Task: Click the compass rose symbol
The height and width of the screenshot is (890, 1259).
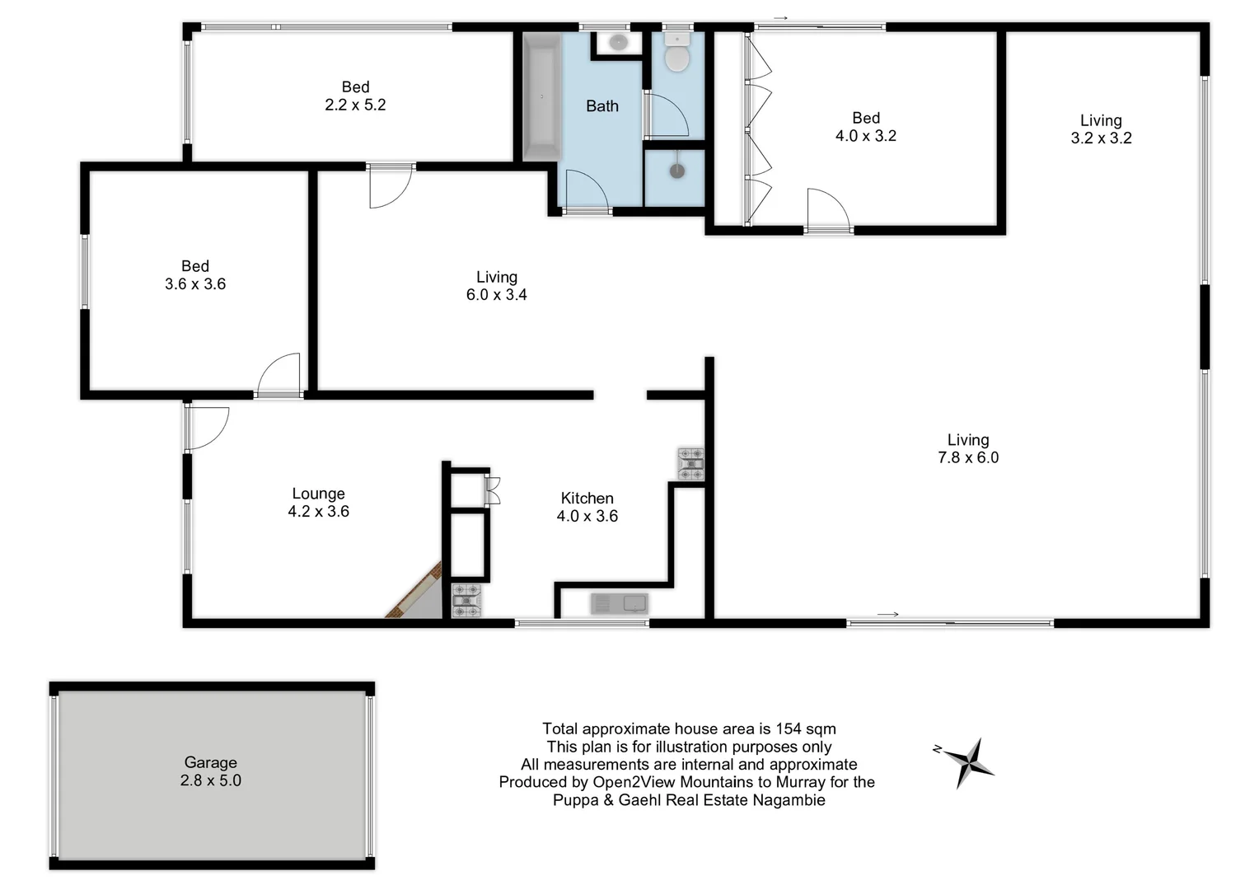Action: [x=970, y=761]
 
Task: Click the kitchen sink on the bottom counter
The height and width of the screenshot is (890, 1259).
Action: [x=620, y=604]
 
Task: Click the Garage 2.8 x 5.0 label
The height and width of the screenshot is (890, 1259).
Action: [x=211, y=771]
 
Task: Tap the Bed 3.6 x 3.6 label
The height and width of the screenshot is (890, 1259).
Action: [x=195, y=275]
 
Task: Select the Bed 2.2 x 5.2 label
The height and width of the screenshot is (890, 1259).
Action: [x=355, y=96]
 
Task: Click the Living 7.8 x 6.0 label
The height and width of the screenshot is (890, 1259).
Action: [x=968, y=449]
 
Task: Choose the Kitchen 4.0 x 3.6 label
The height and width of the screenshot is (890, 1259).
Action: [x=587, y=507]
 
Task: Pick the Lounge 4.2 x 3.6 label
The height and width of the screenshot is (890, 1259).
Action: [x=318, y=503]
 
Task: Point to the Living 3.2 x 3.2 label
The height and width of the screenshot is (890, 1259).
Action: [x=1101, y=129]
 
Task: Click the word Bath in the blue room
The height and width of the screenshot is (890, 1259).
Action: [x=602, y=106]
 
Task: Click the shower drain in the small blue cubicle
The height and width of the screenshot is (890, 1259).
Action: [x=676, y=171]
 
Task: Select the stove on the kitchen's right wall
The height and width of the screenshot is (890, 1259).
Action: [x=690, y=464]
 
